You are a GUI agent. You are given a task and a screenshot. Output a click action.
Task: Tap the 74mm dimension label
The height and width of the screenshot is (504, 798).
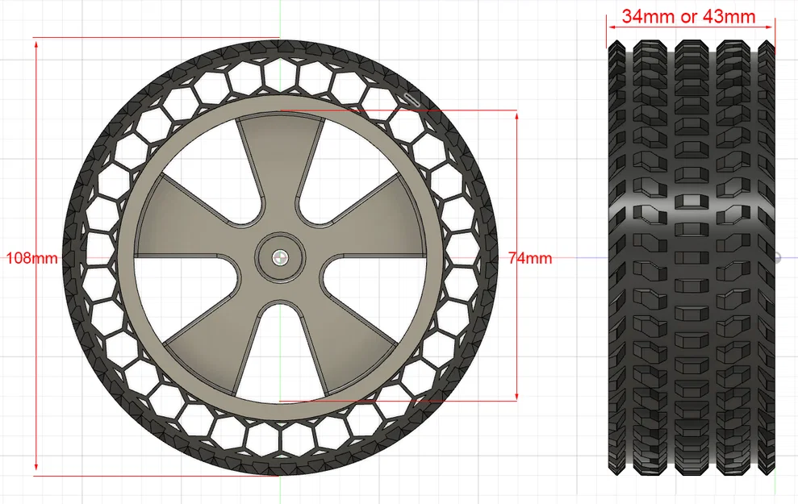click(530, 258)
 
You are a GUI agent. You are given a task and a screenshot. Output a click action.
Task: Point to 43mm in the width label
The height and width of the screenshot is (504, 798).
click(730, 16)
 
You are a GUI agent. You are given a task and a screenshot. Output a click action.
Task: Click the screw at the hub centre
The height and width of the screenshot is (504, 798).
click(279, 256)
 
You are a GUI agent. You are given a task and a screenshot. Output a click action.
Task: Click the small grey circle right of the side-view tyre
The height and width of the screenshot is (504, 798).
click(778, 258)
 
